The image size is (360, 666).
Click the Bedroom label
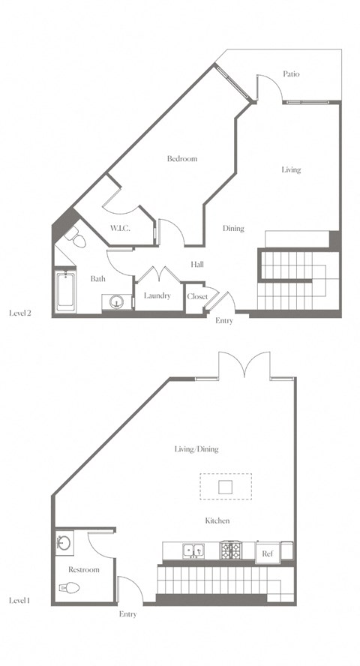coord(181,159)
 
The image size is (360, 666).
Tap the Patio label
coord(292,73)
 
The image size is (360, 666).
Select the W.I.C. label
coord(120,228)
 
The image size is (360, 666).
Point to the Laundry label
coord(157,295)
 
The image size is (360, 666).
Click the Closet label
coord(196,296)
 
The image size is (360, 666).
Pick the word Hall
coord(196,264)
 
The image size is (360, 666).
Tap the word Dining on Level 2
coord(233,228)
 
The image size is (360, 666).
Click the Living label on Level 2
coord(291,169)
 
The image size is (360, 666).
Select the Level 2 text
coord(19,313)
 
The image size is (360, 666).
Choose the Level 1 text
coord(19,601)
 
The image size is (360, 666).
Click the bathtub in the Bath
coord(65,293)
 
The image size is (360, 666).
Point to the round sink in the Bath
coord(116,301)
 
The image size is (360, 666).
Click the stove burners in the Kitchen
coord(231,551)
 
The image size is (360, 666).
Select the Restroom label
coord(83,570)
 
